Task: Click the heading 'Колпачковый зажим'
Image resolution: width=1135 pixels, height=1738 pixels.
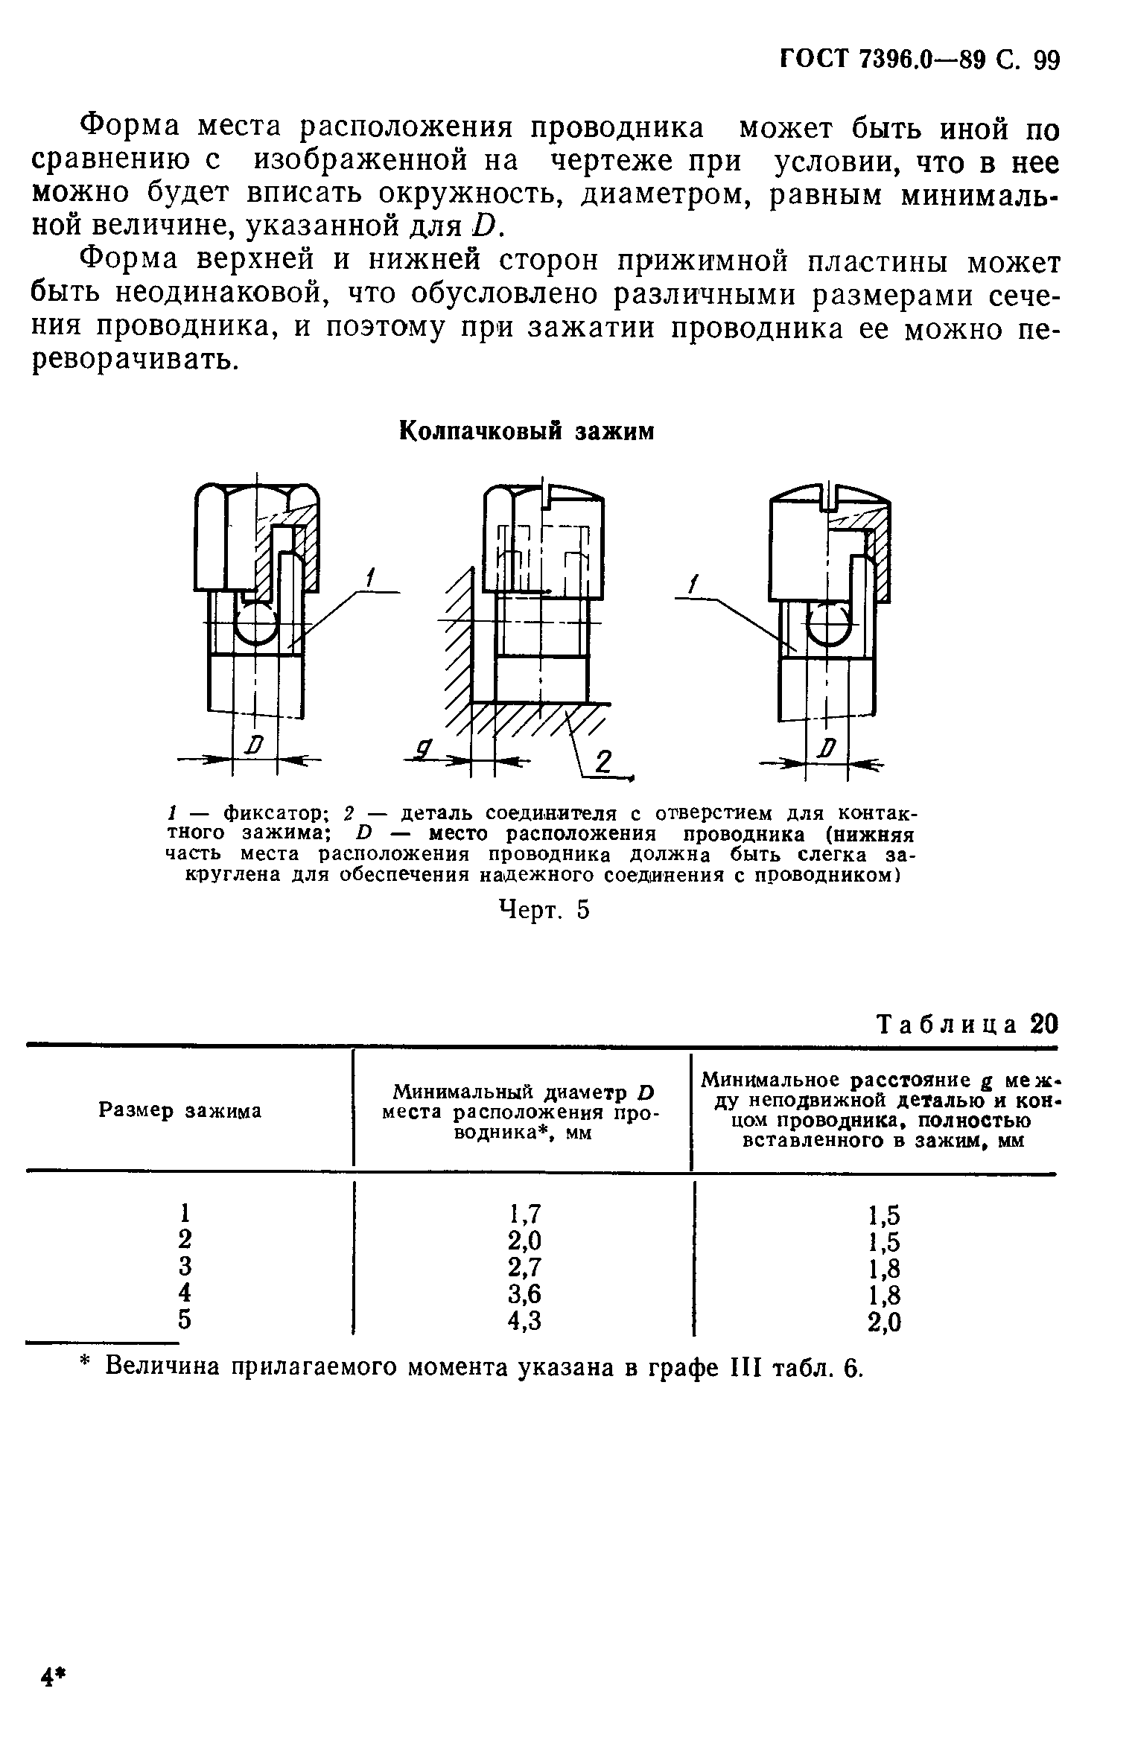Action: click(x=527, y=431)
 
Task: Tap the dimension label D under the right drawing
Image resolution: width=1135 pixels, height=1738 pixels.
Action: click(x=827, y=747)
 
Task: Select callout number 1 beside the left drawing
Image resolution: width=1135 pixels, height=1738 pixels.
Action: click(x=371, y=578)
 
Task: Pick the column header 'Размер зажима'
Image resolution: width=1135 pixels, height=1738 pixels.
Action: click(x=180, y=1111)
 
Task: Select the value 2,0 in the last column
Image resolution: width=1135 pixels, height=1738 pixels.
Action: click(x=886, y=1322)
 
